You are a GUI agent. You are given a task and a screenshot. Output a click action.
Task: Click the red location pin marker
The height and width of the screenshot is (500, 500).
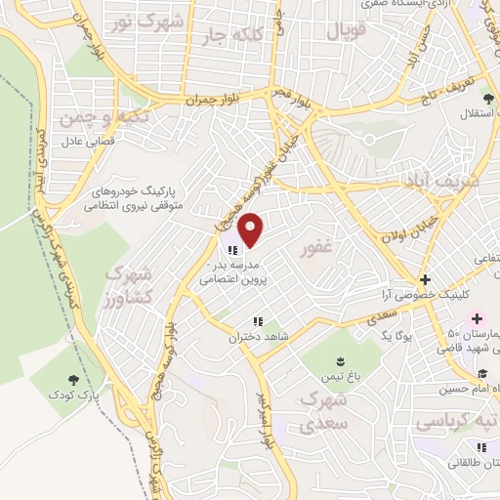(251, 229)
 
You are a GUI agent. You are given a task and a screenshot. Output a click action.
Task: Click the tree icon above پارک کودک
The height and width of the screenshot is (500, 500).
(75, 379)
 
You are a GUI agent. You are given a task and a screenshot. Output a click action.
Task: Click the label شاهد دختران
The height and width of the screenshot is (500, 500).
(257, 337)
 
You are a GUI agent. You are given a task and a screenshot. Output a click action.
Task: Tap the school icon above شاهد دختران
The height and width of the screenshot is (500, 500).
(257, 321)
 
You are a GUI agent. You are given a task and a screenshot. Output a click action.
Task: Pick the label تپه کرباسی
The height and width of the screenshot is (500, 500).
(453, 422)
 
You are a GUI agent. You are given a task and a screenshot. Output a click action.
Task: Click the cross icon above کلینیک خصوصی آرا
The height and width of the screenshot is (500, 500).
(424, 279)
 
